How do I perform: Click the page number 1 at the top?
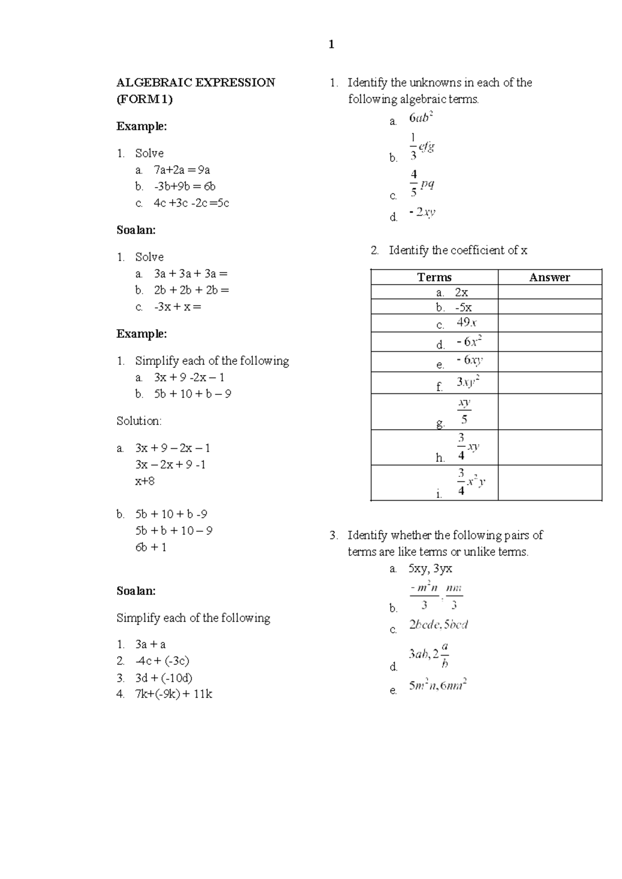coord(331,45)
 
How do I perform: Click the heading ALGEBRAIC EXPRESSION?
coord(195,82)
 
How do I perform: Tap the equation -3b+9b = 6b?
coord(185,186)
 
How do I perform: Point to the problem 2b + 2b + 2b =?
coord(191,290)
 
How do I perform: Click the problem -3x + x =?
coord(177,306)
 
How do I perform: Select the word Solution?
coord(139,421)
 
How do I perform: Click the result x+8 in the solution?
coord(145,481)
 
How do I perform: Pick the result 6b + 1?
coord(151,547)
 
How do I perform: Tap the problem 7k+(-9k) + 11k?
coord(174,694)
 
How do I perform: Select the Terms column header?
coord(434,277)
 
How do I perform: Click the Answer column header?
coord(549,277)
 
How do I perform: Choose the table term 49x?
coord(466,322)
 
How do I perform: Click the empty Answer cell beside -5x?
coord(549,307)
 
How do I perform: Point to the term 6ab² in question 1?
coord(420,118)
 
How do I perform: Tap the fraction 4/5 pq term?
coord(422,183)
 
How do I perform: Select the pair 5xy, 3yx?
coord(430,569)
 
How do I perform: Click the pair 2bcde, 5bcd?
coord(439,625)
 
